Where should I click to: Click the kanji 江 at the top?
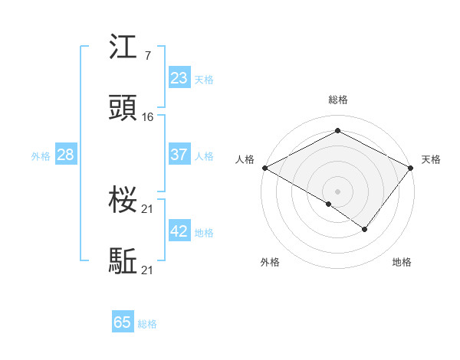[123, 49]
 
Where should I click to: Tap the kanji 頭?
[123, 110]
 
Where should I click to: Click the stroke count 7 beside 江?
[147, 56]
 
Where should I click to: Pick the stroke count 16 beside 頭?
[148, 117]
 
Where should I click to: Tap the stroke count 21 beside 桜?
[148, 209]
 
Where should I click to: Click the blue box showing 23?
[179, 78]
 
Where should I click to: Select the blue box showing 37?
[179, 155]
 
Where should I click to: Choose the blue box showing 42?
[179, 231]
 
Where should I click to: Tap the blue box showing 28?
[65, 155]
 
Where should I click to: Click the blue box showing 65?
[123, 322]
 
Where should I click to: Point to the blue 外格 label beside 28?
[41, 155]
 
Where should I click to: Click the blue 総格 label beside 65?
[147, 324]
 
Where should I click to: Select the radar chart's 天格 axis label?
[431, 159]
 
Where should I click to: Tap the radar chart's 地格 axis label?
[402, 262]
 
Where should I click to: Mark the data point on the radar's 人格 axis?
[264, 167]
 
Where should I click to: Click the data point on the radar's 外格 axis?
[329, 204]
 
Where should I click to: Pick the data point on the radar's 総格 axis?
[337, 131]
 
